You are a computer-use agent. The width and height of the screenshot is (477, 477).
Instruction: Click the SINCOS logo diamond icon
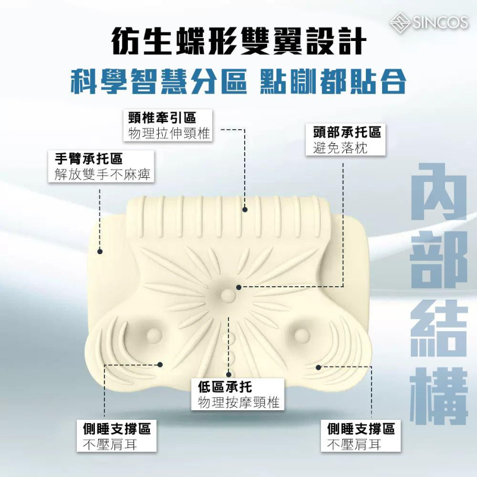pyautogui.click(x=401, y=22)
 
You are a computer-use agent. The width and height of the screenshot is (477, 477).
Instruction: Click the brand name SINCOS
pyautogui.click(x=440, y=22)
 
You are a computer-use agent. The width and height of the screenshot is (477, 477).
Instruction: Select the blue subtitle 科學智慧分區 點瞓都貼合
pyautogui.click(x=238, y=82)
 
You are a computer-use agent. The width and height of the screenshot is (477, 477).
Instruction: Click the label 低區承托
pyautogui.click(x=225, y=387)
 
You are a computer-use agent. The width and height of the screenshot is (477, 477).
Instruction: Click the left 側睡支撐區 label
pyautogui.click(x=114, y=429)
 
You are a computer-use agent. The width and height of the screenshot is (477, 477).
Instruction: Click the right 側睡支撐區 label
pyautogui.click(x=361, y=429)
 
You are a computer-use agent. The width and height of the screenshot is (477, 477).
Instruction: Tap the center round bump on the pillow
pyautogui.click(x=227, y=294)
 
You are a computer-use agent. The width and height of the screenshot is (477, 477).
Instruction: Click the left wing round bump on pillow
pyautogui.click(x=152, y=336)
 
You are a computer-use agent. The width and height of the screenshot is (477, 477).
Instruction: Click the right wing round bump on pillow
pyautogui.click(x=301, y=336)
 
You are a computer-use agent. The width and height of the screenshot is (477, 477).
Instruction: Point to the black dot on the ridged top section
pyautogui.click(x=245, y=210)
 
